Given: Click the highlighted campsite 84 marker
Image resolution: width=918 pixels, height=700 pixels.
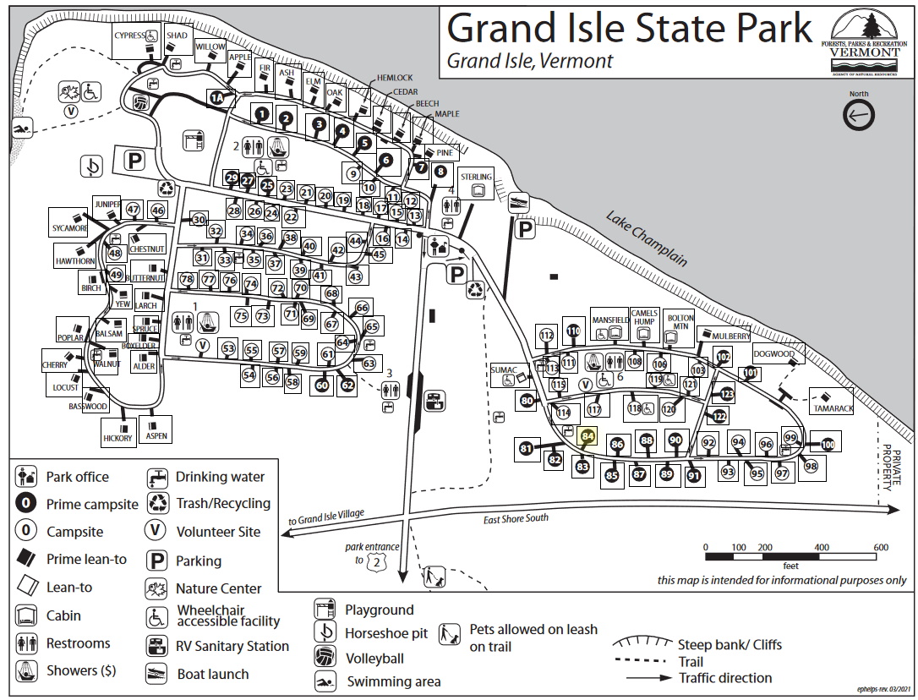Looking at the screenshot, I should (588, 436).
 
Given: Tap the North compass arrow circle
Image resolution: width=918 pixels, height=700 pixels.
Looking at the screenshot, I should (859, 116).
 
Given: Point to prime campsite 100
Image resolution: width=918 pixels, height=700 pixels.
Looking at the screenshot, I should (827, 445).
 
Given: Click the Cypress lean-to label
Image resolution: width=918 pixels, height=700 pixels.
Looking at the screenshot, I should (130, 36).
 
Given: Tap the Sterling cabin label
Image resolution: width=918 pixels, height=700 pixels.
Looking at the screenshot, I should (476, 176).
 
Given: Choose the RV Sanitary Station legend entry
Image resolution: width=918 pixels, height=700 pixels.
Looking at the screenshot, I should (232, 647).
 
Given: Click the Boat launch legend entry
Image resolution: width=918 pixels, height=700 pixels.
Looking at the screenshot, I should (212, 675).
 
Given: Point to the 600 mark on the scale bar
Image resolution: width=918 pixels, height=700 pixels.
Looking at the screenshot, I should (879, 548).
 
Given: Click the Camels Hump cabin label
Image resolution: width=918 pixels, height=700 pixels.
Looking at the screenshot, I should (644, 318).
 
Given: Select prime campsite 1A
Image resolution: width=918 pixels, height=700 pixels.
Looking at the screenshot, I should (217, 99).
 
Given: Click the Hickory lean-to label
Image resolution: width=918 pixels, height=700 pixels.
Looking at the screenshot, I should (117, 438).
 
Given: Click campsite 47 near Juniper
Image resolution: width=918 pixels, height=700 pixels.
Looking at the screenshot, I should (133, 210).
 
